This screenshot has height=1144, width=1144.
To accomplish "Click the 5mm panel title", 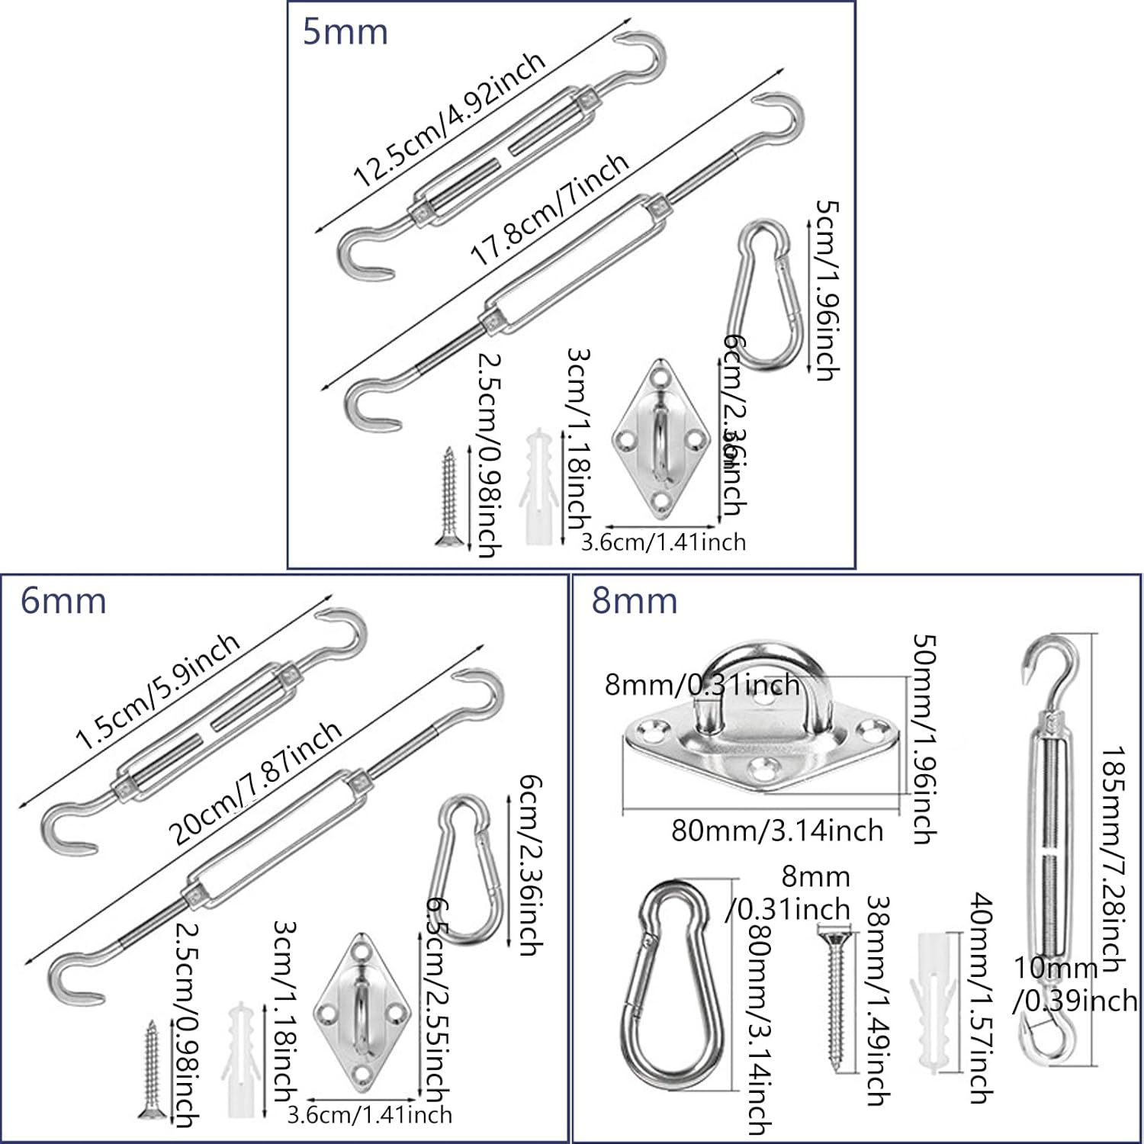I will tap(345, 32).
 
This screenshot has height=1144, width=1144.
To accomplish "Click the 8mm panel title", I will tap(635, 601).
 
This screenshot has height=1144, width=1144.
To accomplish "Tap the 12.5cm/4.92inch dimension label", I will tap(449, 121).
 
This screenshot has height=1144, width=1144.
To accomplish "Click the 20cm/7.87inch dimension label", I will tap(255, 782).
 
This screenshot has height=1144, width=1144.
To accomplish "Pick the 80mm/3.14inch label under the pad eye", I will tap(776, 830).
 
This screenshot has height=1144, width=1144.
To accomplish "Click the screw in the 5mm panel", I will tap(448, 496).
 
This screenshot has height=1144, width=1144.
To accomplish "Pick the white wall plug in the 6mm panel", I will tap(239, 1054).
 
